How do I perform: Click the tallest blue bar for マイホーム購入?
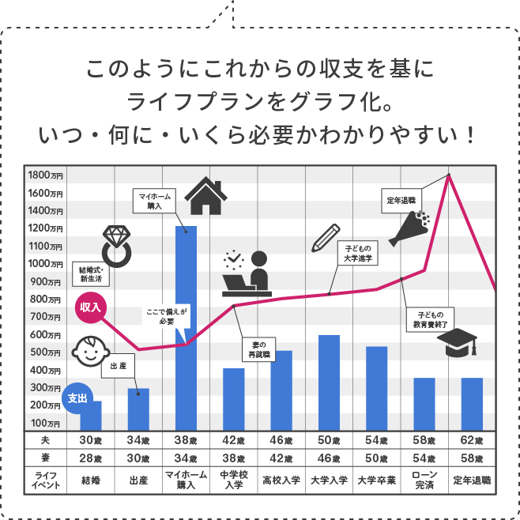point(186,328)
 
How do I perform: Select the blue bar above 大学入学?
point(329,382)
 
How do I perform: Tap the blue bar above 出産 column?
point(138,409)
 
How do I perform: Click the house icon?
point(206,196)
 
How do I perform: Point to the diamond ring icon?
point(116,246)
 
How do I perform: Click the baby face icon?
point(91,351)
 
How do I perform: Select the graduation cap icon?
point(458,342)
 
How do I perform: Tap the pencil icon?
point(326,238)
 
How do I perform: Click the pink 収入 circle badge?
point(90,307)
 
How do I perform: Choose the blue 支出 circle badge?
point(77,398)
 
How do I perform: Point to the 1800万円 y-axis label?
point(45,175)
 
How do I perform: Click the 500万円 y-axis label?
point(45,352)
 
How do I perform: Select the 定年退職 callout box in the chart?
point(401,201)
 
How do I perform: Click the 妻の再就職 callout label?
point(259,350)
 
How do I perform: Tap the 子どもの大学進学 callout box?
point(358,253)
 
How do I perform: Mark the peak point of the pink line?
point(449,175)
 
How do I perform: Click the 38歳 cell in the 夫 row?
point(186,440)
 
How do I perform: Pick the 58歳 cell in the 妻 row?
point(472,458)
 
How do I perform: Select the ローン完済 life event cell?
point(424,480)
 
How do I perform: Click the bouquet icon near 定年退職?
point(409,228)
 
